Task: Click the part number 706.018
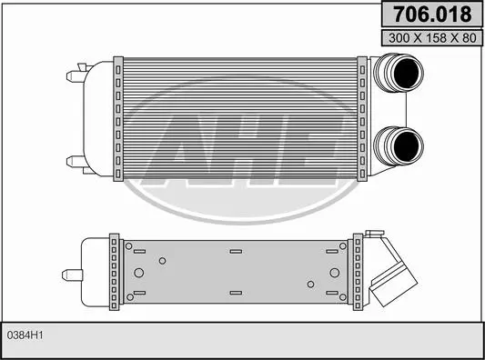pos(432,15)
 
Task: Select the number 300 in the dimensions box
pos(399,38)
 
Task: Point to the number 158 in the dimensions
pos(437,38)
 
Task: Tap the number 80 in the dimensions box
pos(470,38)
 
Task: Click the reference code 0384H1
pos(25,335)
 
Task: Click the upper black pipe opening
pos(407,73)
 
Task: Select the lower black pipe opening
pos(407,146)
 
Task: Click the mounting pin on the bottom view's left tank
pos(72,275)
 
